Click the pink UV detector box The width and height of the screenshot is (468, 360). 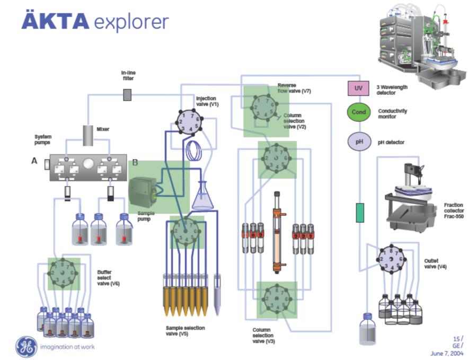[x=358, y=88]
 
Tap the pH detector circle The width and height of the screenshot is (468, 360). [x=358, y=142]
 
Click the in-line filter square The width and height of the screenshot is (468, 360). [x=127, y=95]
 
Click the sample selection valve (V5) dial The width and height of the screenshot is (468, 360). [x=186, y=231]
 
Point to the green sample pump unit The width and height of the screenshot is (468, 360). [x=143, y=190]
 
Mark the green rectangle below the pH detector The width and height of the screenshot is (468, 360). [x=359, y=213]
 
